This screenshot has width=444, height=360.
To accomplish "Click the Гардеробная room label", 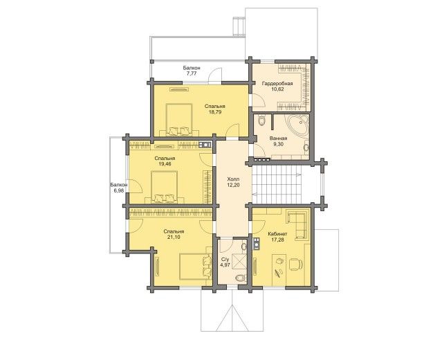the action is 277,84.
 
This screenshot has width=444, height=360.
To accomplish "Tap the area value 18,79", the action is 215,112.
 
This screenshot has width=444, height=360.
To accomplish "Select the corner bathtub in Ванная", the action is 299,125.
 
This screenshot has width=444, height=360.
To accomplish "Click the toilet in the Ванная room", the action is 262,120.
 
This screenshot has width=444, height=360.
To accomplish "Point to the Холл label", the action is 233,179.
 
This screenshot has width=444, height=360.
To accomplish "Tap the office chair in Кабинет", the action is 296,264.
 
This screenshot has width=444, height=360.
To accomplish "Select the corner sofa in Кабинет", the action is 297,224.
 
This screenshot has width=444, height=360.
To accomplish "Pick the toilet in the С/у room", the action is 240,278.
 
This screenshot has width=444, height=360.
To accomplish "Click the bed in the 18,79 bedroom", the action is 179,120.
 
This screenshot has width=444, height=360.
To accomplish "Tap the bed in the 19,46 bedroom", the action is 164,187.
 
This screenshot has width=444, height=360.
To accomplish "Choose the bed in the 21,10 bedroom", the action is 196,267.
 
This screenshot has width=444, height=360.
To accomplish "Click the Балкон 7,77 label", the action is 192,71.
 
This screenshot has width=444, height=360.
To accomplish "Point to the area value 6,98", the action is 119,190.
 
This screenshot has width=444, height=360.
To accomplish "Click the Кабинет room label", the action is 277,234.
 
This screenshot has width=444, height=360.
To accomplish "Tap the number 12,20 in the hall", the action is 233,185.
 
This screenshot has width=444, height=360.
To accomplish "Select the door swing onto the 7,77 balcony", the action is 215,76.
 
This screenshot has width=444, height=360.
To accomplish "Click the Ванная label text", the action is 278,138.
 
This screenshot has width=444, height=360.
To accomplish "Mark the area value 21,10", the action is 174,237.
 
